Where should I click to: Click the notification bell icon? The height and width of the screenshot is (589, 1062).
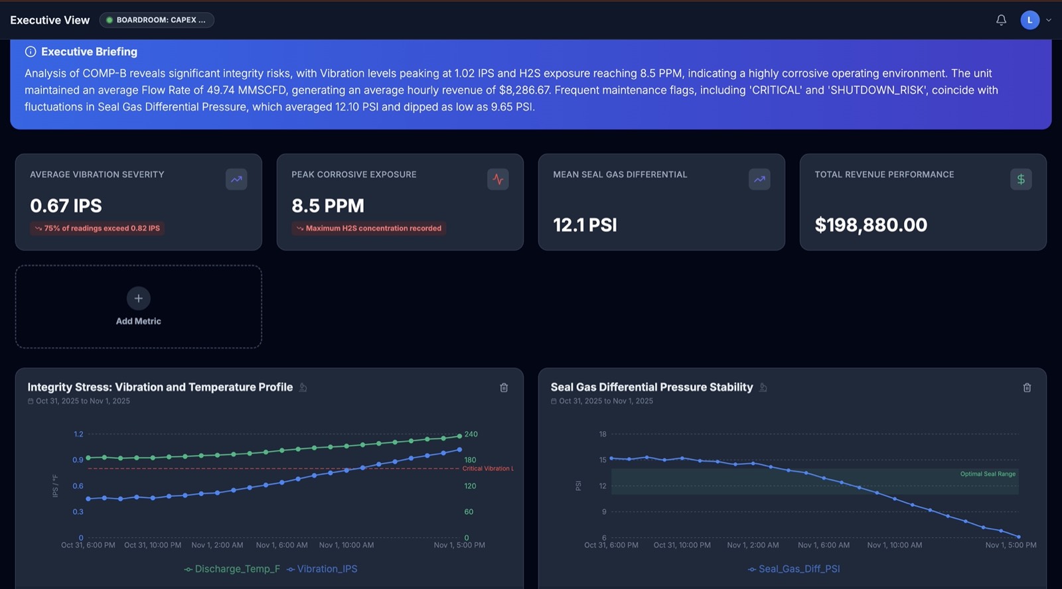(x=1001, y=20)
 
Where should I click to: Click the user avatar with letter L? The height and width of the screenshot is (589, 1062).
(x=1029, y=20)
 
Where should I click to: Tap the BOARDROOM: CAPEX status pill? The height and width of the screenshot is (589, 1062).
(x=157, y=20)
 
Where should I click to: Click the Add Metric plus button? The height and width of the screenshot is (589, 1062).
(x=139, y=298)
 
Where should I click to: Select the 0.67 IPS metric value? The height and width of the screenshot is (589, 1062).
(x=66, y=206)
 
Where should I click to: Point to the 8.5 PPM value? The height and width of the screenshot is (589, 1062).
(x=328, y=206)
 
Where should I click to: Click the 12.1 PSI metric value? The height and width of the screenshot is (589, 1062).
(x=585, y=225)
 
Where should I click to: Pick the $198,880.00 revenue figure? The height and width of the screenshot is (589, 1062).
(x=870, y=225)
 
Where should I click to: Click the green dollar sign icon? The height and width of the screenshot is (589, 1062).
(x=1021, y=179)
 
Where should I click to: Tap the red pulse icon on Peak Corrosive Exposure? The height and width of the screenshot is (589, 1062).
(x=498, y=179)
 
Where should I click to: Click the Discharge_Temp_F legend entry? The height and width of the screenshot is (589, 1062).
(x=232, y=568)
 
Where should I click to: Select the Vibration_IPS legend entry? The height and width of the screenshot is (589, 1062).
(x=322, y=568)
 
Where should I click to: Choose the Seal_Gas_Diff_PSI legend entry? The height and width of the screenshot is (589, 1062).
(x=794, y=568)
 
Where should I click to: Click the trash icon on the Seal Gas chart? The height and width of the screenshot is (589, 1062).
(x=1027, y=387)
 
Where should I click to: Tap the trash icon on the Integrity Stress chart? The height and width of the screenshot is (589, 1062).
(x=504, y=387)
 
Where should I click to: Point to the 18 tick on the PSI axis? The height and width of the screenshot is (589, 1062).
(x=603, y=434)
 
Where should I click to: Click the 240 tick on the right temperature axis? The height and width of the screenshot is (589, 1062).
(x=471, y=434)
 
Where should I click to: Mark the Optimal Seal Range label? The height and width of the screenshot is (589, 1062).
(x=988, y=474)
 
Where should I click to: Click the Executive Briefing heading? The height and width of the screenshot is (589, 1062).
(x=89, y=52)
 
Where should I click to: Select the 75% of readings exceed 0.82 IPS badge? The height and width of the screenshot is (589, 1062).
(x=97, y=228)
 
